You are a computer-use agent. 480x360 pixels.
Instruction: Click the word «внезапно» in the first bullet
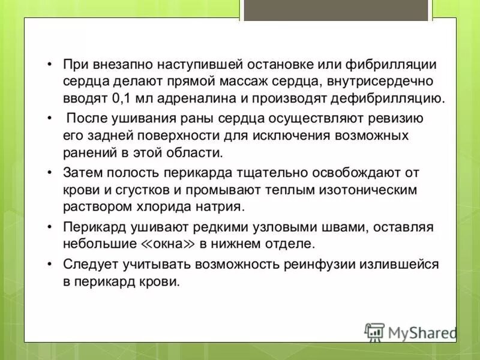pyautogui.click(x=119, y=64)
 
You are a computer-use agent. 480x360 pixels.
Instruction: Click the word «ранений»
pyautogui.click(x=88, y=152)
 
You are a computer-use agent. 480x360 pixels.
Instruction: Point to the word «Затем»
pyautogui.click(x=82, y=173)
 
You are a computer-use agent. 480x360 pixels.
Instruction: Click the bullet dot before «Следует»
pyautogui.click(x=50, y=265)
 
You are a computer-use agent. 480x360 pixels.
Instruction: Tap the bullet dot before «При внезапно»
pyautogui.click(x=50, y=64)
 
